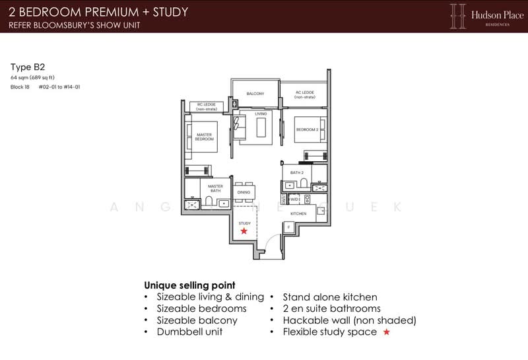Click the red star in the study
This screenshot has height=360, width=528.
point(244,231)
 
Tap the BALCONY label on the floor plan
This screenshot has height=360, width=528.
point(255,94)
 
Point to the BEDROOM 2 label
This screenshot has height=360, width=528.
point(307,129)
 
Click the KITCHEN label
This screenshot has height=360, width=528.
point(299,214)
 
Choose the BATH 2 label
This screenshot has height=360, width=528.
point(296,173)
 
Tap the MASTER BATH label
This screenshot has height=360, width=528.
point(215,188)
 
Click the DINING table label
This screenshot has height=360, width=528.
point(244,192)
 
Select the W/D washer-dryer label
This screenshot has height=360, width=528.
point(294,198)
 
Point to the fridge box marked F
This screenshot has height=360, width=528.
point(288,227)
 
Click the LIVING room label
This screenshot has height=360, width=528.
point(260,114)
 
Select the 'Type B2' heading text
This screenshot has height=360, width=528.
point(23,67)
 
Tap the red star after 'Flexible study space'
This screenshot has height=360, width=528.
point(387,332)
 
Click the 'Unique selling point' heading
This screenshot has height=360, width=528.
point(190,285)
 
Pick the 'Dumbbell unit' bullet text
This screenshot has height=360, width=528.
point(189,332)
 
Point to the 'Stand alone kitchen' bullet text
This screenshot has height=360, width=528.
point(330,297)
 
